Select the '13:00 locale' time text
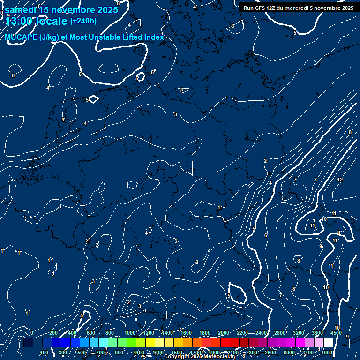37,21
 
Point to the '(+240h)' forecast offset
83,21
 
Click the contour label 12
340,180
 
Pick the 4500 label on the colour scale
336,333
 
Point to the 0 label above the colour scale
32,333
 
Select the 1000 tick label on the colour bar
129,333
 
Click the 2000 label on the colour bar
224,333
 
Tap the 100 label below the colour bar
44,352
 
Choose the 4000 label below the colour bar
327,352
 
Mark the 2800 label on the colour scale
280,333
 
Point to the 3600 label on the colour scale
317,333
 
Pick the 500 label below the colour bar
82,352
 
